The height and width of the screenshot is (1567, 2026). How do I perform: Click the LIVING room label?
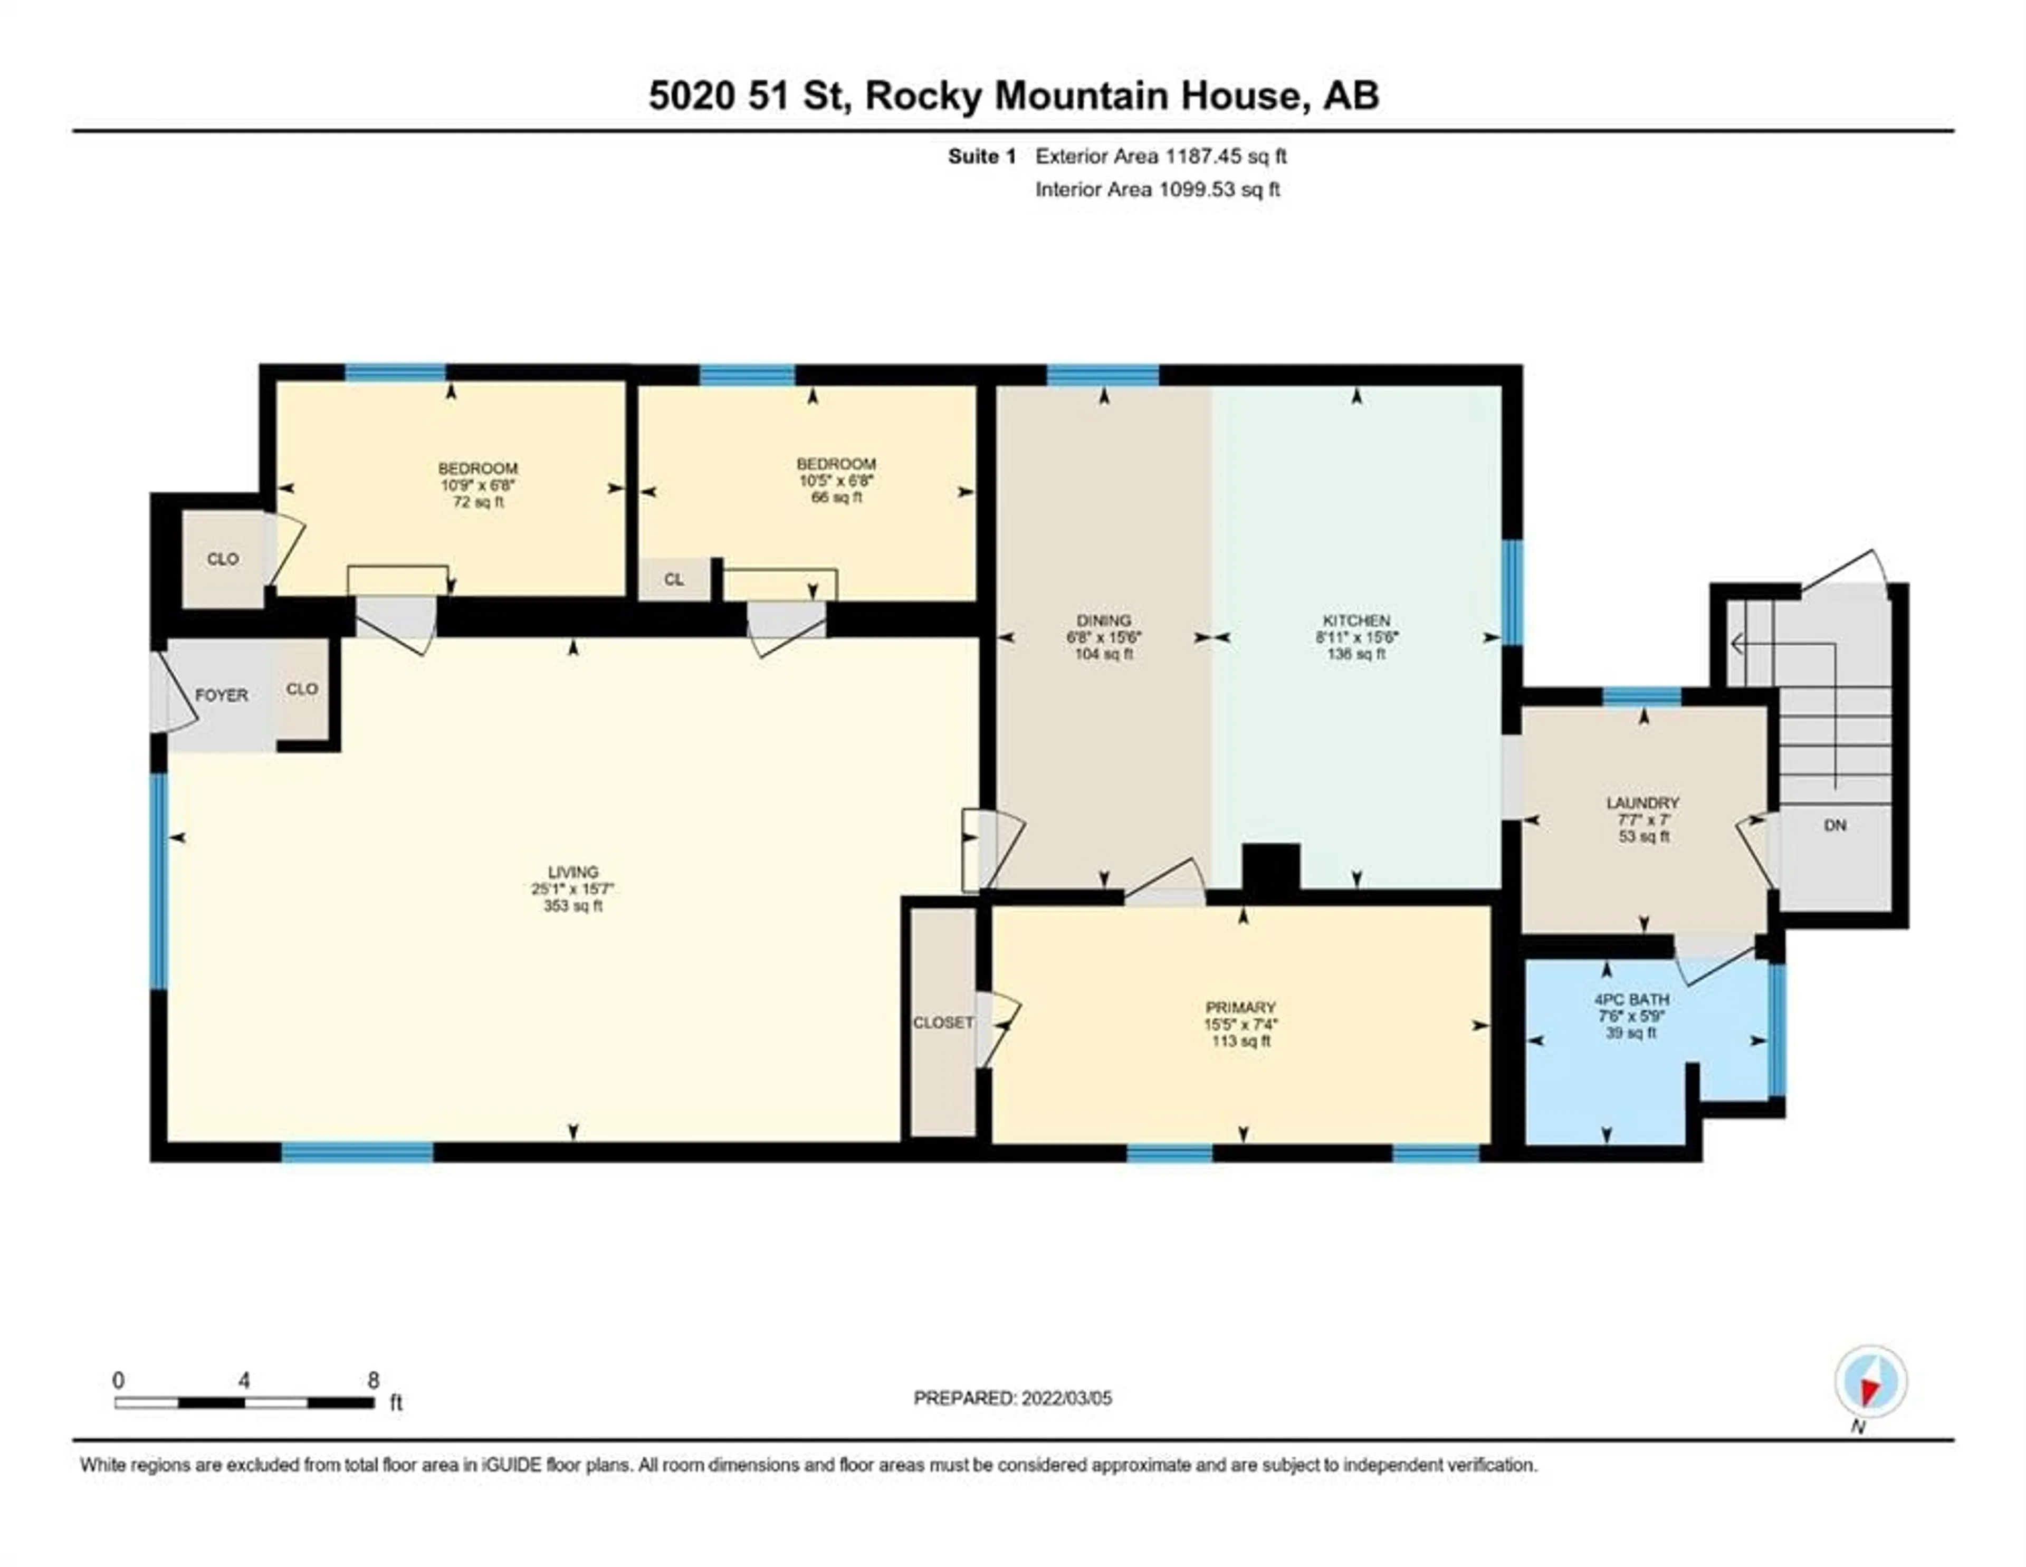pos(574,872)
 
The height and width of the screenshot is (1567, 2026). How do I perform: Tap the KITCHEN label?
pos(1356,620)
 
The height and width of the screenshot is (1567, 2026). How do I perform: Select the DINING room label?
pos(1104,620)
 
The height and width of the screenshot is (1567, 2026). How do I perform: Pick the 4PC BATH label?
pos(1632,999)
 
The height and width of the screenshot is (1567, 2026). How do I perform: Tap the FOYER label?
pos(222,695)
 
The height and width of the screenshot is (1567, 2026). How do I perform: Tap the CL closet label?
pos(673,580)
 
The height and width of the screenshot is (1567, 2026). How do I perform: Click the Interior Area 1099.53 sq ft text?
pos(1158,189)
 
